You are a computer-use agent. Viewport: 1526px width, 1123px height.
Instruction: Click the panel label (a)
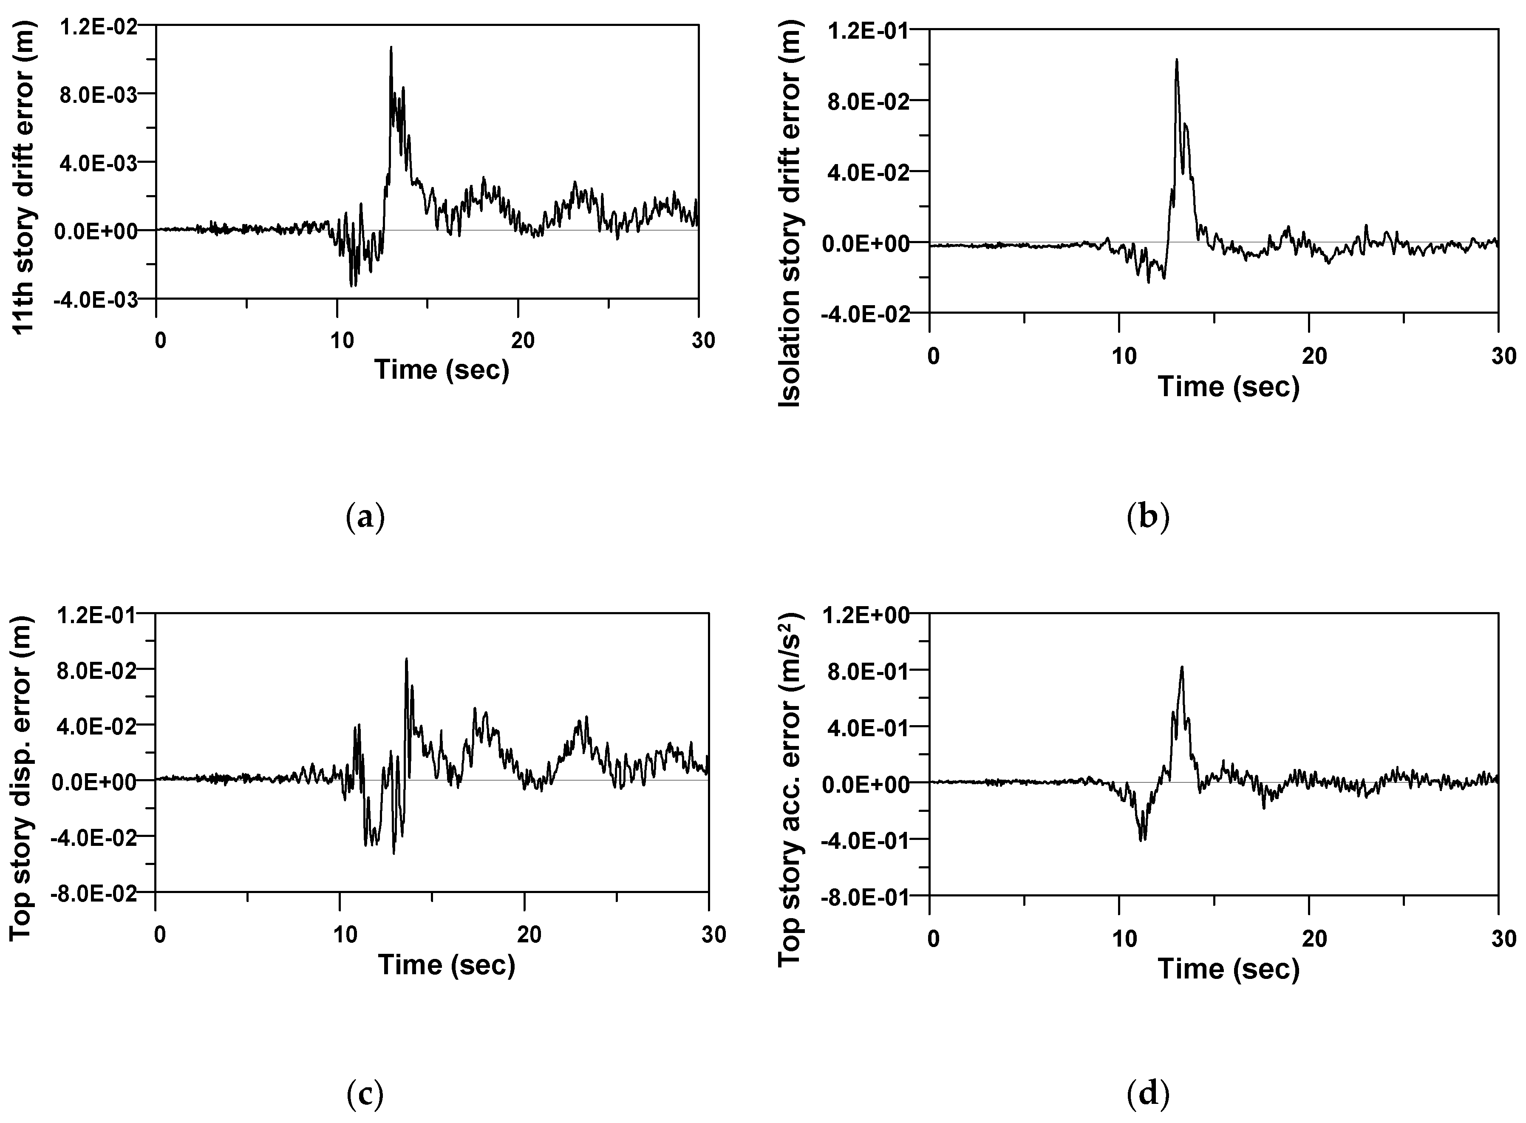click(x=365, y=518)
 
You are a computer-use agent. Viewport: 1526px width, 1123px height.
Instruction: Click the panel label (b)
click(x=1147, y=518)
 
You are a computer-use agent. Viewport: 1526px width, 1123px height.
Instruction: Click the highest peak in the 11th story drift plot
click(x=391, y=48)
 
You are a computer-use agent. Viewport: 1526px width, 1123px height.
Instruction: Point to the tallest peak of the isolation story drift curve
click(x=1176, y=60)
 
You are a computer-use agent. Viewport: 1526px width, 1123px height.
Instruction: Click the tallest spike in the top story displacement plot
click(x=406, y=659)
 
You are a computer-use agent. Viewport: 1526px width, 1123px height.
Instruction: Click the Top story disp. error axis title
click(x=22, y=778)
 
